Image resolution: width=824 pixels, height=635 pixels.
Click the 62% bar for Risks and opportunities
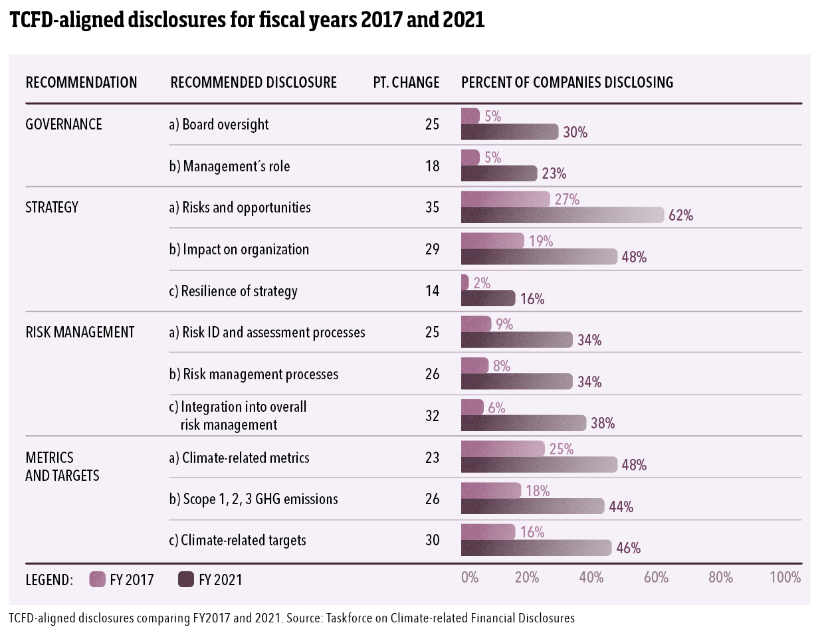coord(562,215)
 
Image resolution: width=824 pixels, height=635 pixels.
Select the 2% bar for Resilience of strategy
coord(464,283)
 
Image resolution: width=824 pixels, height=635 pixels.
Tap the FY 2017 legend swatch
coord(98,579)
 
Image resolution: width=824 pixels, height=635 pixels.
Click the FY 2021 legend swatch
coord(186,579)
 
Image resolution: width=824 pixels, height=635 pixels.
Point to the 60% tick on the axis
coord(656,577)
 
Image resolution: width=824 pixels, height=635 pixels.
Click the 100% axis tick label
coord(785,577)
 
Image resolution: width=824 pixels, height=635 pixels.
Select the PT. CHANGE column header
coord(406,82)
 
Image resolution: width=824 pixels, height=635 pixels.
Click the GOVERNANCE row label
coord(64,124)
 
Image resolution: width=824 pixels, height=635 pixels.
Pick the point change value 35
coord(432,207)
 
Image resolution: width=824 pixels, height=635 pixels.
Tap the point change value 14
coord(432,291)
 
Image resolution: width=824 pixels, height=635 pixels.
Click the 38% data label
coord(603,423)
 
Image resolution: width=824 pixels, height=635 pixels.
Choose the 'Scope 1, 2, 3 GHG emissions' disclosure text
coord(253,499)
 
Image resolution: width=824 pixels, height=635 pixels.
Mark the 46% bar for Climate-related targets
coord(536,548)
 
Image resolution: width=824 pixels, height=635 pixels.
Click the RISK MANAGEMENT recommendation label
coord(80,332)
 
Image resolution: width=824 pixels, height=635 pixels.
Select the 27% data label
coord(567,199)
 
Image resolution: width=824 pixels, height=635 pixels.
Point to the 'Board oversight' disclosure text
coord(219,124)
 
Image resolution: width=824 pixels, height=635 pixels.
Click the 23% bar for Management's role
coord(498,173)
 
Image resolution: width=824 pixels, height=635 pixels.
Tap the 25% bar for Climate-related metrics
coord(502,449)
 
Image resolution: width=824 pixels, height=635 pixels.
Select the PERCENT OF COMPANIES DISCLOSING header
coord(567,82)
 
